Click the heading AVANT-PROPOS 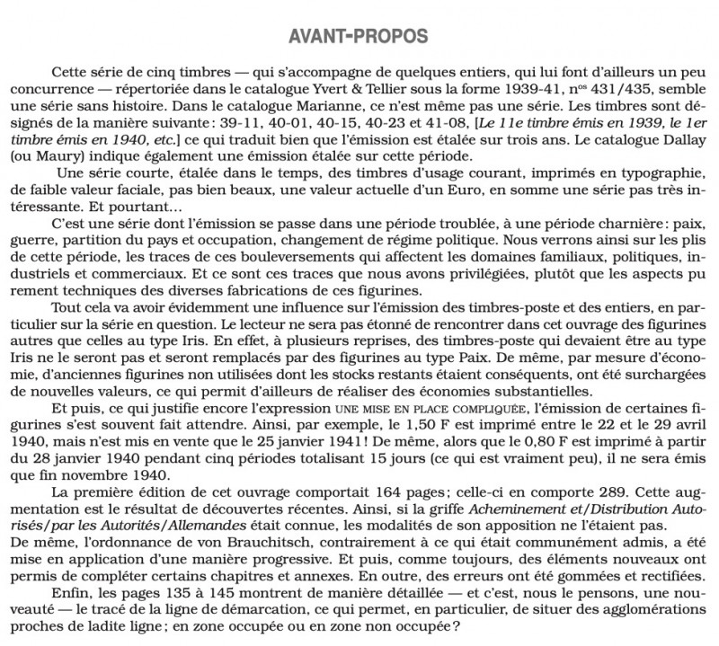(x=359, y=36)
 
